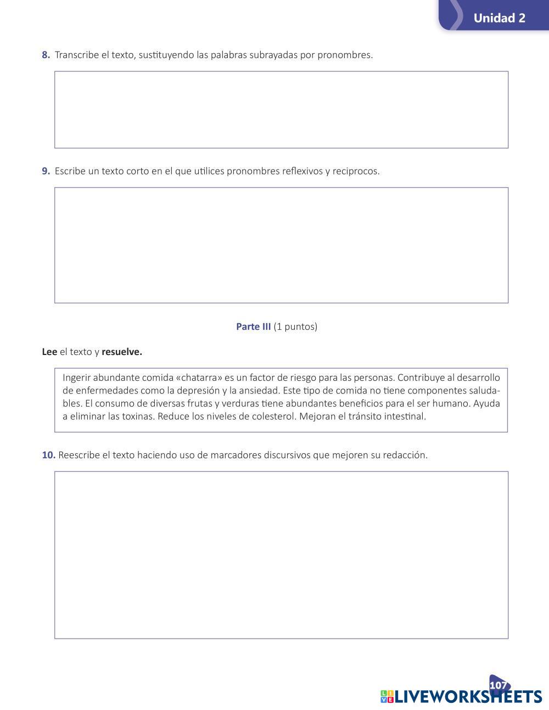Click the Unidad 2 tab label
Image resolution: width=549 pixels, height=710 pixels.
coord(499,18)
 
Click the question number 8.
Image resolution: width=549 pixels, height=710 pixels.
coord(46,55)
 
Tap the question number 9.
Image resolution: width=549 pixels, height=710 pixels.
coord(46,171)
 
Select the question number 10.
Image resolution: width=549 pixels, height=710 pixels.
coord(48,455)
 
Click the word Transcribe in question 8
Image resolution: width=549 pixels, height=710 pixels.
coord(77,55)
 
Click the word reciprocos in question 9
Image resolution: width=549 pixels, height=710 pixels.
coord(356,171)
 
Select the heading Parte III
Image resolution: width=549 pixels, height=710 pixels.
coord(253,326)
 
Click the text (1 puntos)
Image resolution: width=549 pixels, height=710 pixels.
coord(295,326)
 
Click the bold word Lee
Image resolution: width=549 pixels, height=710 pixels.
coord(49,352)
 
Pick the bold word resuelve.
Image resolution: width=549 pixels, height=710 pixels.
coord(121,352)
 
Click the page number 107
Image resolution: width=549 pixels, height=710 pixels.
coord(498,685)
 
